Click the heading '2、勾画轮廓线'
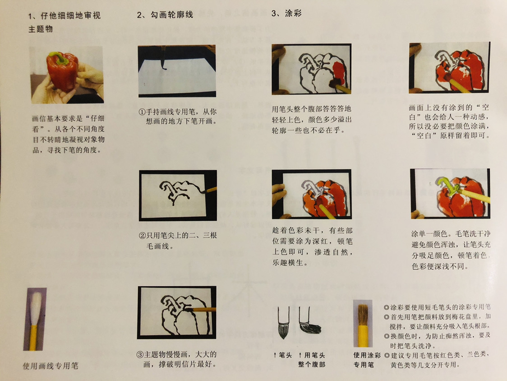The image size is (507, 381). coord(165,15)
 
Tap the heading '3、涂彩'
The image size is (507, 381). coord(286,13)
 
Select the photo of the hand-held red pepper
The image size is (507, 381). coord(67,75)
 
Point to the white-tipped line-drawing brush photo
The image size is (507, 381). coord(35,319)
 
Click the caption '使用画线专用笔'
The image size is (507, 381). coord(51,366)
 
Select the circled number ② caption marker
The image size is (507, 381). coord(142,236)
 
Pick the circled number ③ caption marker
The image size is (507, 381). coord(140,354)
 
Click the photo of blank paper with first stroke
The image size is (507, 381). coord(177,71)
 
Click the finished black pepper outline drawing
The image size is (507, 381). coord(177,312)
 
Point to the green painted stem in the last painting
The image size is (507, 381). coord(448,185)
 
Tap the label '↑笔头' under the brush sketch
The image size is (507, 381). coord(282,355)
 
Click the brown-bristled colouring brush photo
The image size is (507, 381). coord(363,323)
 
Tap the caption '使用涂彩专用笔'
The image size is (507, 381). coord(367,360)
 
